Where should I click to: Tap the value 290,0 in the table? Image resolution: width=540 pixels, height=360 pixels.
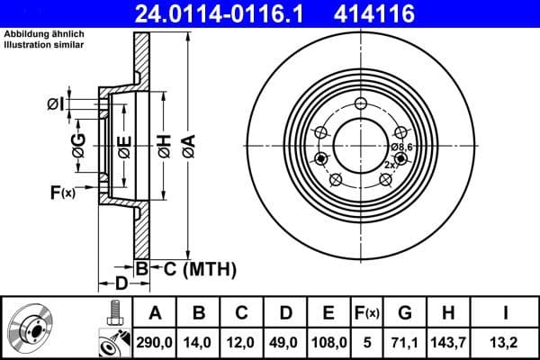155,342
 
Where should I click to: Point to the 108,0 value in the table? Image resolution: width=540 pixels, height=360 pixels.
328,342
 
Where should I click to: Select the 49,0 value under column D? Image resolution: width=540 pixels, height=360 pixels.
284,342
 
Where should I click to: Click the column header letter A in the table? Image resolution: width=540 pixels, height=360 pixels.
155,312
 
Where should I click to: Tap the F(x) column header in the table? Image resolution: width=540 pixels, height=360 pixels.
368,312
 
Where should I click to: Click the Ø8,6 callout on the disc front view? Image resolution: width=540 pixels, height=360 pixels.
400,147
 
